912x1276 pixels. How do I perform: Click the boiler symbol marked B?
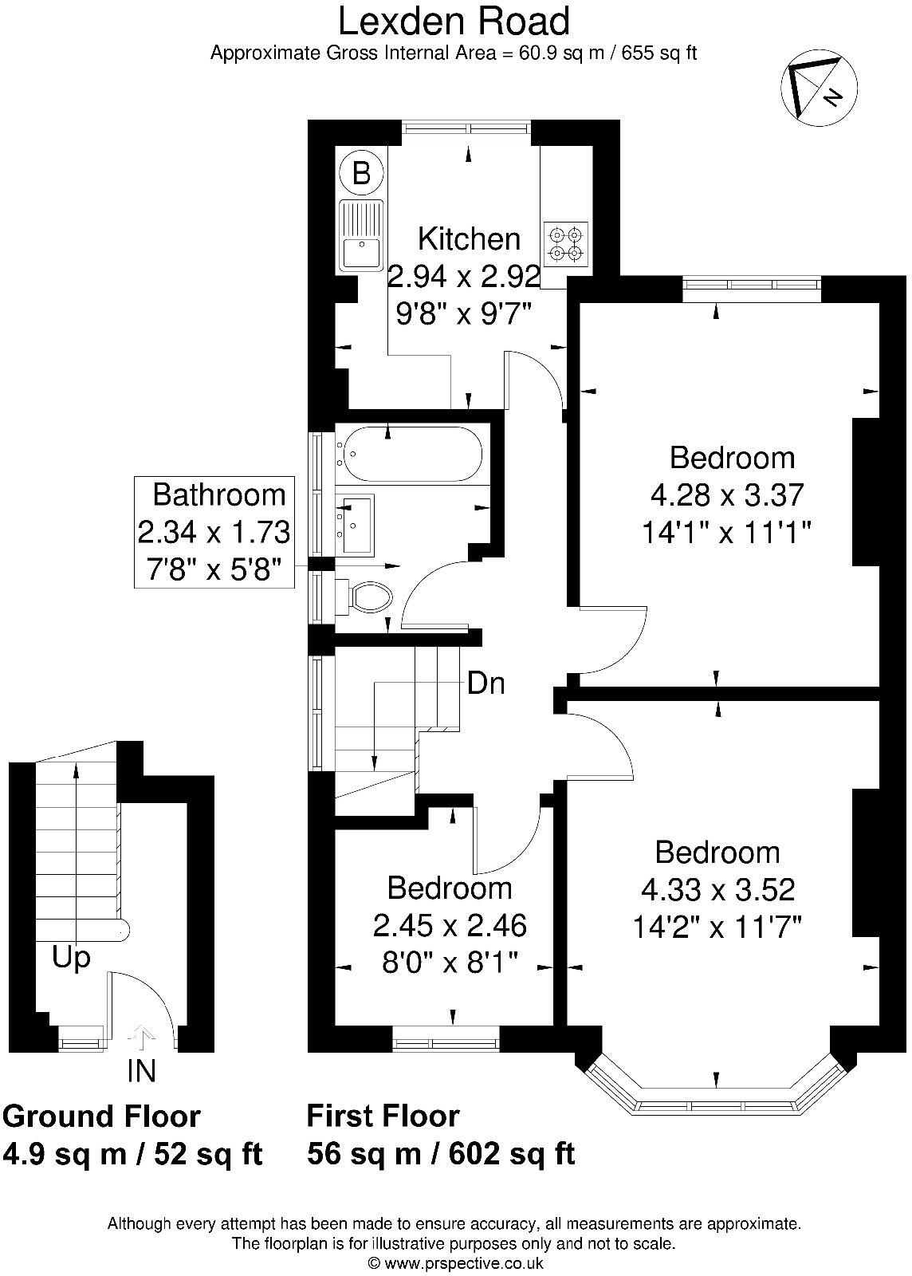tap(361, 172)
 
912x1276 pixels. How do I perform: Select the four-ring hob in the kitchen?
tap(566, 244)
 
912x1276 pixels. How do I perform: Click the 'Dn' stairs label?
tap(485, 683)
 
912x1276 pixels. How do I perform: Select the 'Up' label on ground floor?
tap(71, 958)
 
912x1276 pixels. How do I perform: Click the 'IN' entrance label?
tap(141, 1071)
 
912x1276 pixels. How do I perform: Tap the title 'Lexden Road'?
tap(454, 21)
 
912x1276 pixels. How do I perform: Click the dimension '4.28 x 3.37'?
tap(726, 494)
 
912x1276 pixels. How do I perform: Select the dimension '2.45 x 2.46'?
tap(450, 925)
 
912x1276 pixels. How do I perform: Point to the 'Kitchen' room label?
tap(469, 238)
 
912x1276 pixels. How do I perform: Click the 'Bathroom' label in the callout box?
tap(218, 494)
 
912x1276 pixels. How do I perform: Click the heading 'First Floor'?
tap(383, 1115)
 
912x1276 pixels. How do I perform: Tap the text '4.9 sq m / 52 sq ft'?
tap(132, 1154)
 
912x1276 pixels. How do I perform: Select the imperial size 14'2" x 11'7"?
tap(717, 927)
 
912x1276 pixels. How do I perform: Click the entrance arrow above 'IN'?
tap(142, 1037)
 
